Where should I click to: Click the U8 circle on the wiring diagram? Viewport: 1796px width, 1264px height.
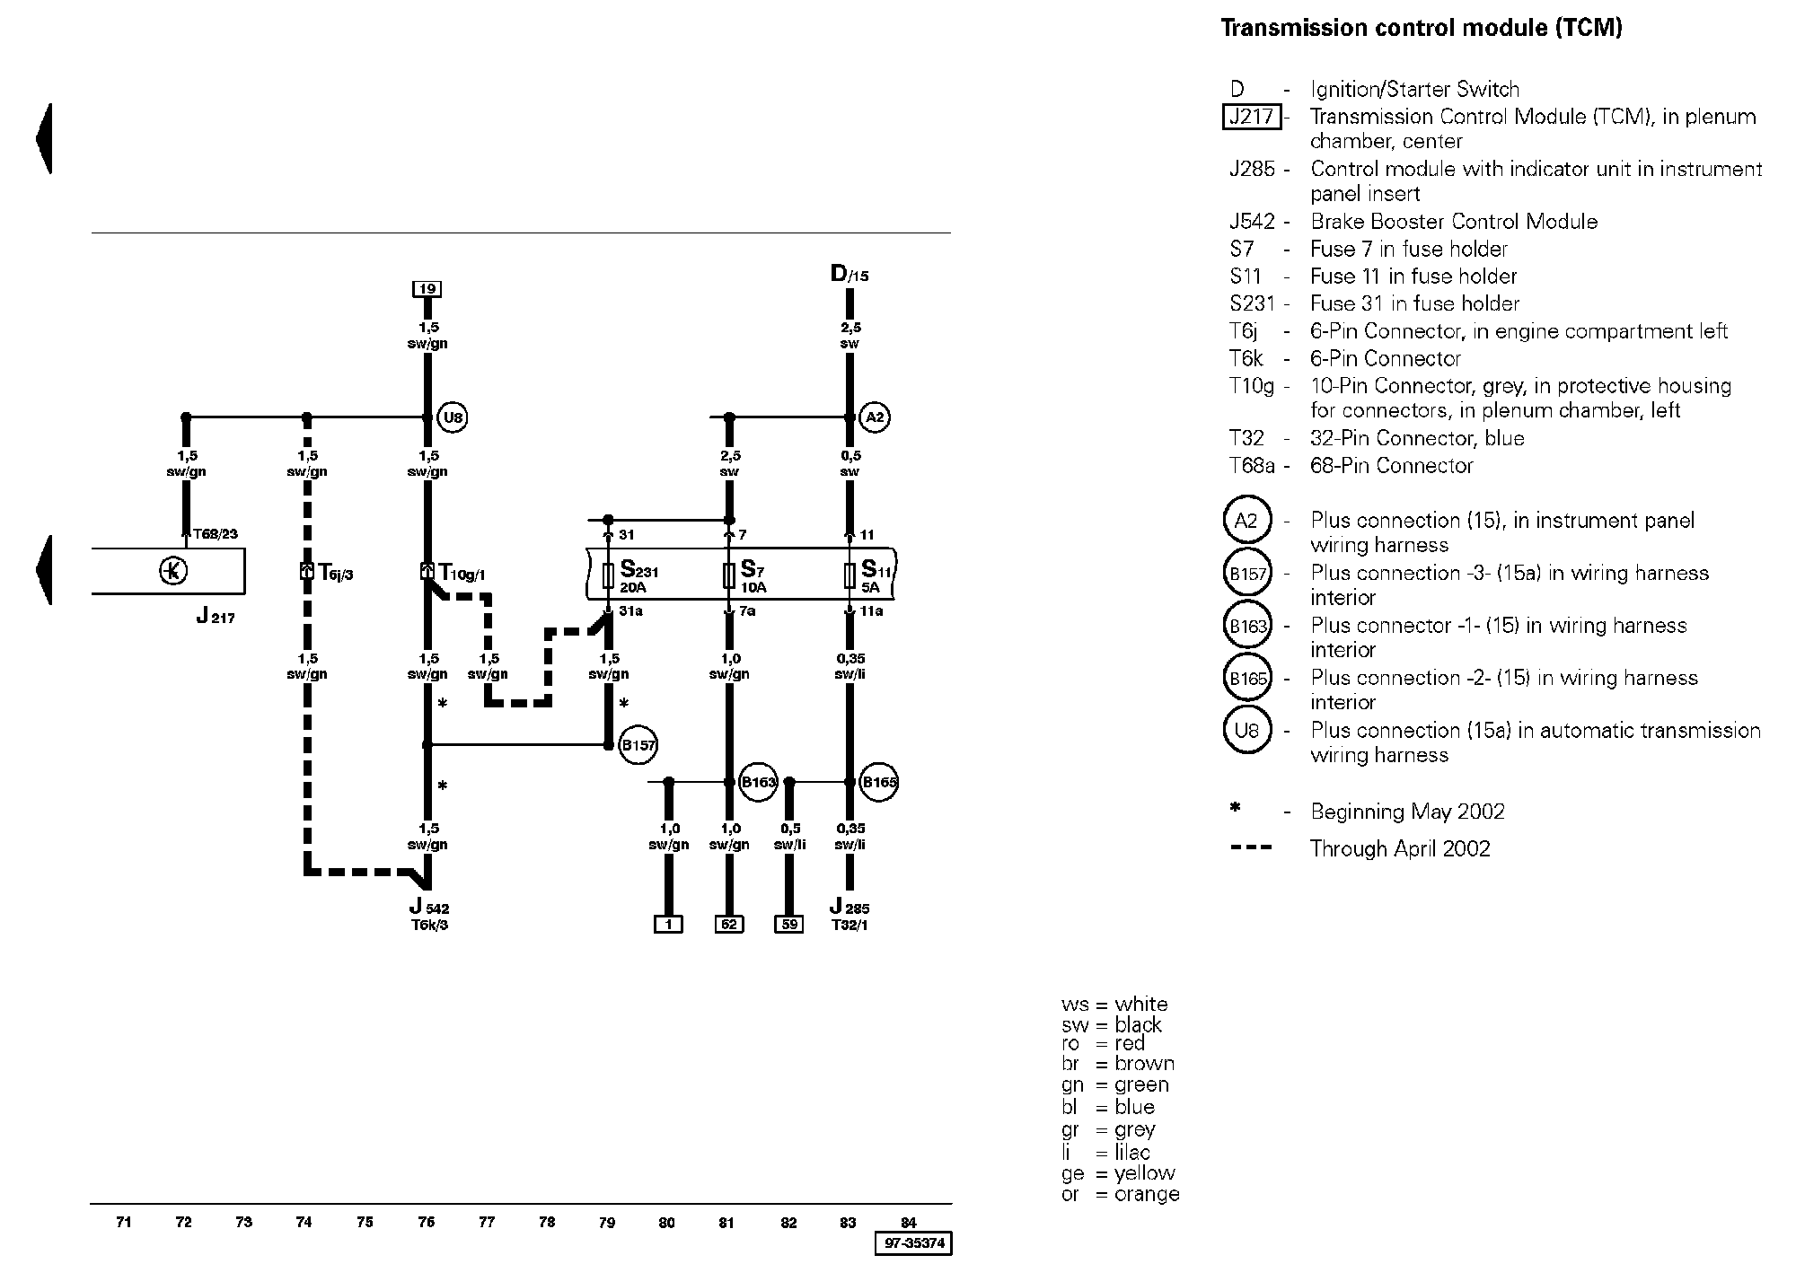pos(453,417)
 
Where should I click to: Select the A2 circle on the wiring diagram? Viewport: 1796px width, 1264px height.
pos(874,417)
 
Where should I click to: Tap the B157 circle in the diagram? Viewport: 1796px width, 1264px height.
pos(638,745)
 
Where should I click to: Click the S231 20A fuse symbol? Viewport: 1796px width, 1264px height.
pos(608,575)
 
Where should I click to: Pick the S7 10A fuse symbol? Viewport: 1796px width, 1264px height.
pos(729,575)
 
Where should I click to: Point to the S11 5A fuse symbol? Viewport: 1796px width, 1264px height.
pos(850,575)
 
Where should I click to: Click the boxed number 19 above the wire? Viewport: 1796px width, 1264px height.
pos(427,289)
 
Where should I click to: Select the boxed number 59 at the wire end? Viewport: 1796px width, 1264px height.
pos(788,924)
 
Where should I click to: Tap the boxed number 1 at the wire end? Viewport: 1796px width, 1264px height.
pos(667,924)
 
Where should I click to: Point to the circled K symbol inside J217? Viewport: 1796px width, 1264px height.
pos(172,571)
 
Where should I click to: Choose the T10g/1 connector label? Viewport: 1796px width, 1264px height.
pos(461,572)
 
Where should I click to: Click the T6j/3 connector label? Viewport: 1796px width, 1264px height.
pos(336,573)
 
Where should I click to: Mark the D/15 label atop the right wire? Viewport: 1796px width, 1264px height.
pos(849,274)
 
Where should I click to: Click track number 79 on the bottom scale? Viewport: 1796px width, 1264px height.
pos(607,1222)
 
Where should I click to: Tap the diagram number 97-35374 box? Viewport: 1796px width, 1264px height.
pos(912,1243)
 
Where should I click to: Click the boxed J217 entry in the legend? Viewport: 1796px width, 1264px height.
pos(1251,117)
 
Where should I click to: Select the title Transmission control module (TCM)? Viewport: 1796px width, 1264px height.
pos(1421,28)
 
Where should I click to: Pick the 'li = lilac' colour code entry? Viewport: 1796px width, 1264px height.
pos(1105,1152)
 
